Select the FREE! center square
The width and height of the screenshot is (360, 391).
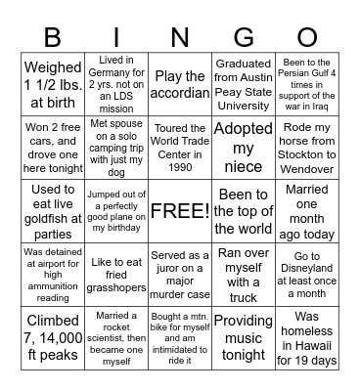click(180, 211)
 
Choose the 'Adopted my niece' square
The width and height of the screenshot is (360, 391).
click(243, 147)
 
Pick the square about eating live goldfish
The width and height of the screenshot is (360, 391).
click(52, 211)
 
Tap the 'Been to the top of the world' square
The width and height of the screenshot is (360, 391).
click(243, 211)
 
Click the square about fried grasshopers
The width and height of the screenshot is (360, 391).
click(115, 275)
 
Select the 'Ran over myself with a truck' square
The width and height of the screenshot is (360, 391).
click(243, 275)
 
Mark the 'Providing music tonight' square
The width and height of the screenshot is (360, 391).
click(243, 337)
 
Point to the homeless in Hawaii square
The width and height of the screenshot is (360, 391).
click(307, 337)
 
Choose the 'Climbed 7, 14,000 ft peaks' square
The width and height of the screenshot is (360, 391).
click(52, 337)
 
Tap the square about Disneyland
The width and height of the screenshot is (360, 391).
click(307, 275)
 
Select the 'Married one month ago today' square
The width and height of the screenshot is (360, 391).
click(307, 211)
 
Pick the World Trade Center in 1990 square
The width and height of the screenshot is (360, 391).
click(180, 147)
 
